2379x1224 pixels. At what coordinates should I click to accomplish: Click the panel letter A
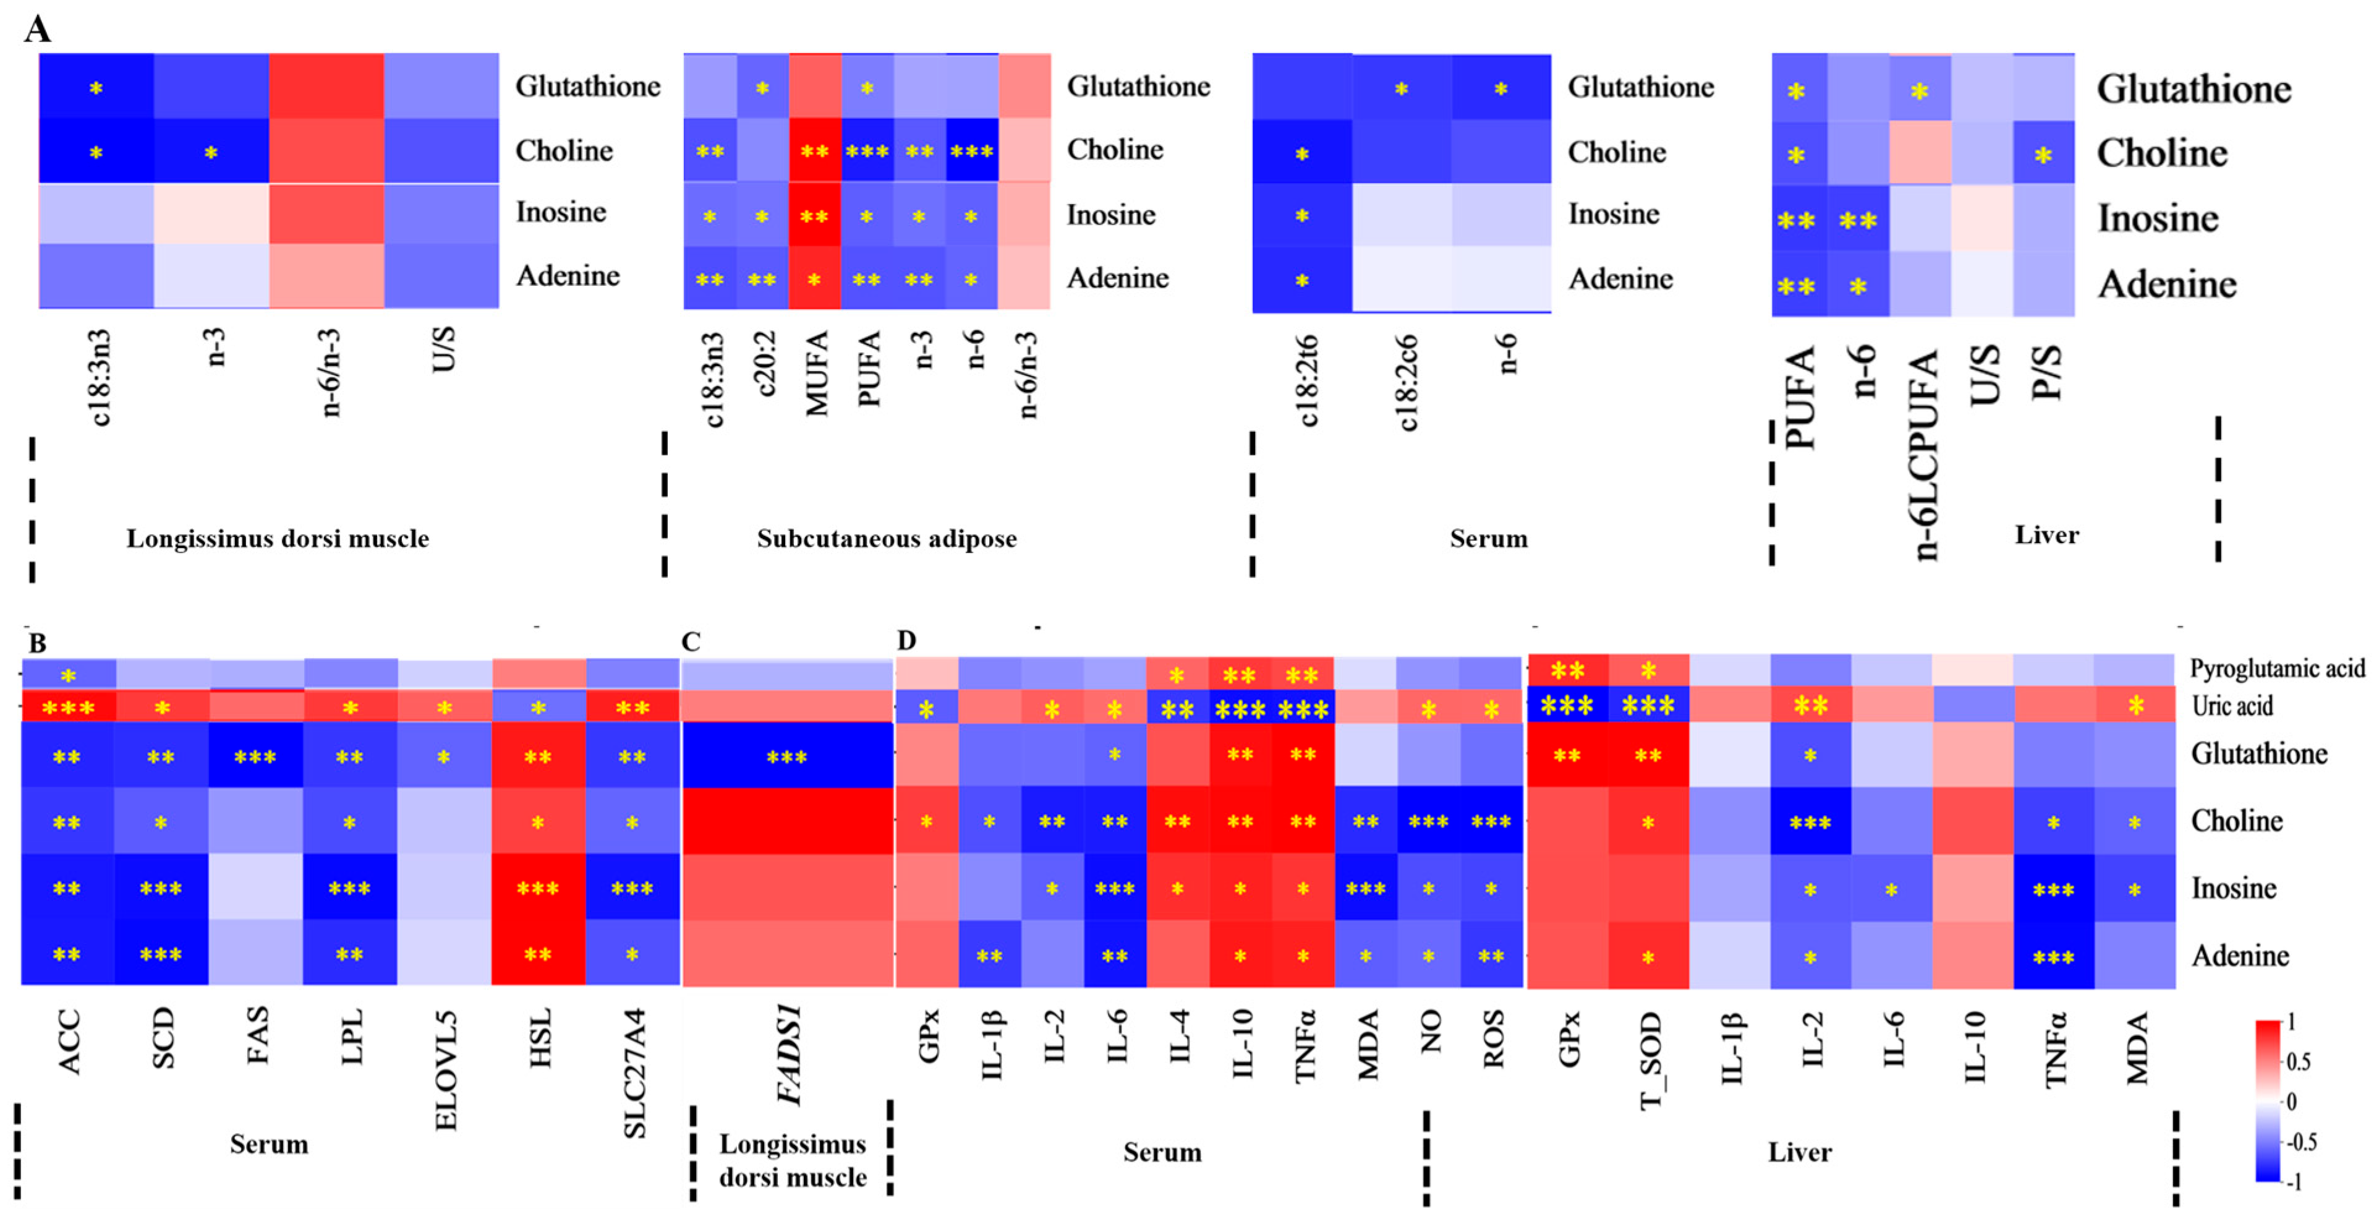[x=37, y=30]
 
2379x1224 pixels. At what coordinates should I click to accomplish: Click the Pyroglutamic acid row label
[x=2276, y=668]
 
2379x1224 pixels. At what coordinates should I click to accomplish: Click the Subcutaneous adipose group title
[x=887, y=539]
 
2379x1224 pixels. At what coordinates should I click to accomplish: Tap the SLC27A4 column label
[x=634, y=1072]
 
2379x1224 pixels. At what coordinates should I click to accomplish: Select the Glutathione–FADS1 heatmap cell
[x=787, y=756]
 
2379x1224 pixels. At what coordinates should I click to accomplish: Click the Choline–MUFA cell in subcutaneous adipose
[x=815, y=150]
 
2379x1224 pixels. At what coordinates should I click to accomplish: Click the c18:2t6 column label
[x=1307, y=380]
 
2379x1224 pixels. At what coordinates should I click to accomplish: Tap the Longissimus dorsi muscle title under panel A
[x=277, y=539]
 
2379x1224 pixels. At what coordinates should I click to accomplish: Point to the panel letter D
[x=906, y=640]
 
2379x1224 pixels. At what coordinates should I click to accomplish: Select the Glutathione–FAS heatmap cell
[x=256, y=756]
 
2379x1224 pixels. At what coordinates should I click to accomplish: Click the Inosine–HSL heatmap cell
[x=537, y=888]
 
